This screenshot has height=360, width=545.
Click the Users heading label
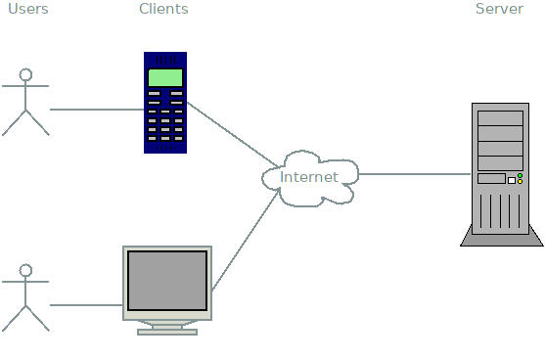pos(25,9)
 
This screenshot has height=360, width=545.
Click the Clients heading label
pos(163,9)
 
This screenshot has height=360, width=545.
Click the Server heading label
pos(499,9)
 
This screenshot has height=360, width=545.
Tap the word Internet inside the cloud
pos(308,178)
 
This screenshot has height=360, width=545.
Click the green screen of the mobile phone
pos(165,77)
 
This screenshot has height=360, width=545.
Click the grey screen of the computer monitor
pos(167,281)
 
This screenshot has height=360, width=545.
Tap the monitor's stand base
pos(167,332)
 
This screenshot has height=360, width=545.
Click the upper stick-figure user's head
pos(26,74)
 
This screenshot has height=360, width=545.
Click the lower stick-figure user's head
pos(26,270)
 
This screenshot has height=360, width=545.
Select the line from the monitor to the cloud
pos(245,241)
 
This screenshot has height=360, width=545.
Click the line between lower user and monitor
pos(86,305)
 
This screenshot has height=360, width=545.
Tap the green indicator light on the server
pos(520,176)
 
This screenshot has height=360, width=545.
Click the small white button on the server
pos(511,180)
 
